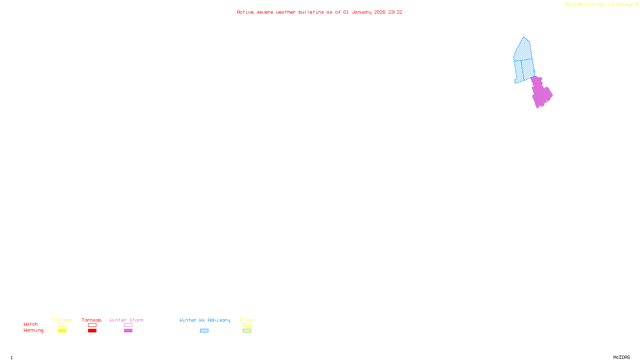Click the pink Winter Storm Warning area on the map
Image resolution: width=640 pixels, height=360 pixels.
point(541,93)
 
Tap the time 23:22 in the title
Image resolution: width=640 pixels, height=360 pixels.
point(395,12)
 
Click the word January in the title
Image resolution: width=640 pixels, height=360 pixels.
point(361,12)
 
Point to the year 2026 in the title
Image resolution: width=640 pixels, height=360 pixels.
point(380,12)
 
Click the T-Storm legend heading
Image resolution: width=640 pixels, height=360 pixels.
point(62,320)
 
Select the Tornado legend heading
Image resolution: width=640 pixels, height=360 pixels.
point(92,320)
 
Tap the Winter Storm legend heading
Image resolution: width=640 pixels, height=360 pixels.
point(126,320)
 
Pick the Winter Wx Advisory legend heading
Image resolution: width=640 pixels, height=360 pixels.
point(205,320)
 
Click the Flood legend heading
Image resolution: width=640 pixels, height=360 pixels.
point(247,320)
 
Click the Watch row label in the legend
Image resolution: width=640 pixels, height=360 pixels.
point(31,324)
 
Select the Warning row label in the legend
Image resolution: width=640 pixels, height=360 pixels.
point(34,330)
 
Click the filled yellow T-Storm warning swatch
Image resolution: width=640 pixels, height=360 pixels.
point(62,331)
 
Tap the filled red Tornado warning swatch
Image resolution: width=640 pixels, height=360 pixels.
point(92,331)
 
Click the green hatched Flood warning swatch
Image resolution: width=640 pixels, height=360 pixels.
point(247,331)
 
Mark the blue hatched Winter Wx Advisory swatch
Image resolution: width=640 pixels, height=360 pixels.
point(204,331)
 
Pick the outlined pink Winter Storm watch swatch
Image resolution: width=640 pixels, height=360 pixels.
point(128,325)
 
